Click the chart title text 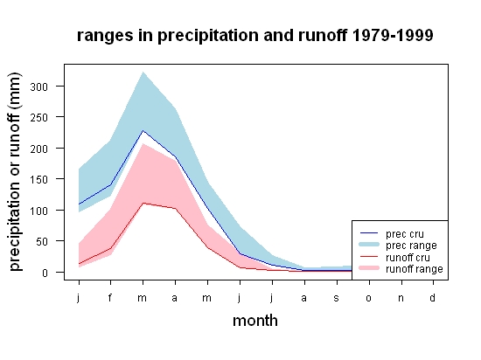coord(254,36)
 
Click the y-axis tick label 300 coord(39,87)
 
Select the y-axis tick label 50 coord(42,241)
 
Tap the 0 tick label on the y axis coord(45,273)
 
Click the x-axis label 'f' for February coord(110,297)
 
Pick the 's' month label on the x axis coord(337,298)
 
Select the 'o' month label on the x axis coord(369,298)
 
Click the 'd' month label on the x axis coord(432,297)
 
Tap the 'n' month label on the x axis coord(401,298)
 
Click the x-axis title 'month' coord(255,321)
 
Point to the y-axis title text coord(15,172)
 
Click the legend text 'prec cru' coord(405,234)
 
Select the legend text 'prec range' coord(411,246)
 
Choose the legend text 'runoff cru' coord(408,258)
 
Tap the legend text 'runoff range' coord(415,269)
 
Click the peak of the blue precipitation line coord(143,131)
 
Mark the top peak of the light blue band coord(143,73)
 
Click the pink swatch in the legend coord(369,268)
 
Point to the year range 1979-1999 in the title coord(393,36)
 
